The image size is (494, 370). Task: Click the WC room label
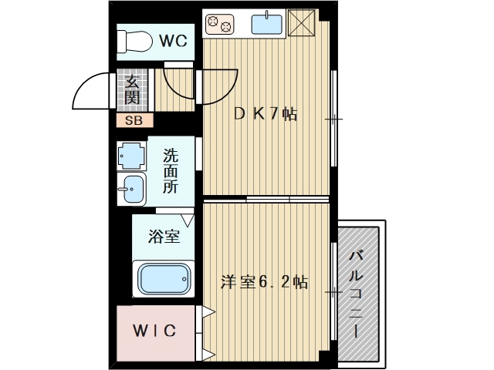174,42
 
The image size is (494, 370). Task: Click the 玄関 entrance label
133,90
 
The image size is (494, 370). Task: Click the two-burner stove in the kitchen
218,25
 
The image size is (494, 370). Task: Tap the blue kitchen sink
267,24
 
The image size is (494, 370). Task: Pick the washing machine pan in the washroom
131,155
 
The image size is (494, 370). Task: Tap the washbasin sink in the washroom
132,188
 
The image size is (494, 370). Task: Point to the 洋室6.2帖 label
264,282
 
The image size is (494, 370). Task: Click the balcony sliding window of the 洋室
333,293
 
